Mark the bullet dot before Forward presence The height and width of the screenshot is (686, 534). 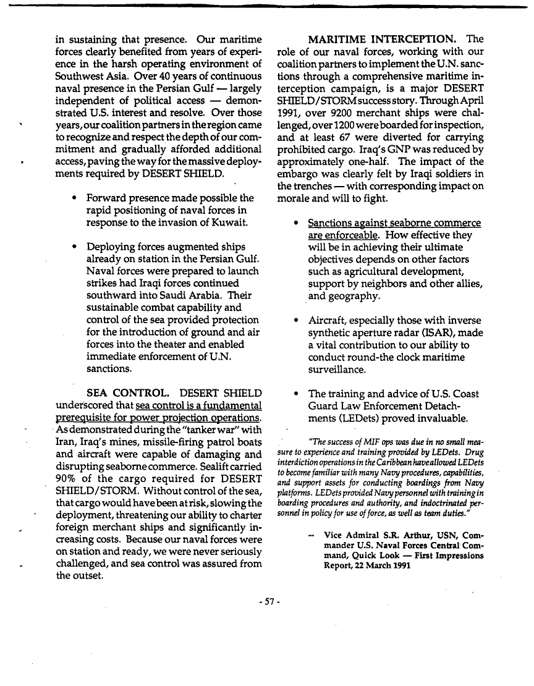[x=74, y=198]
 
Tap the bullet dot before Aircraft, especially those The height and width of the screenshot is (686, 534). [x=297, y=320]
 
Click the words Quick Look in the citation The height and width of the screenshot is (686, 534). [x=366, y=555]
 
